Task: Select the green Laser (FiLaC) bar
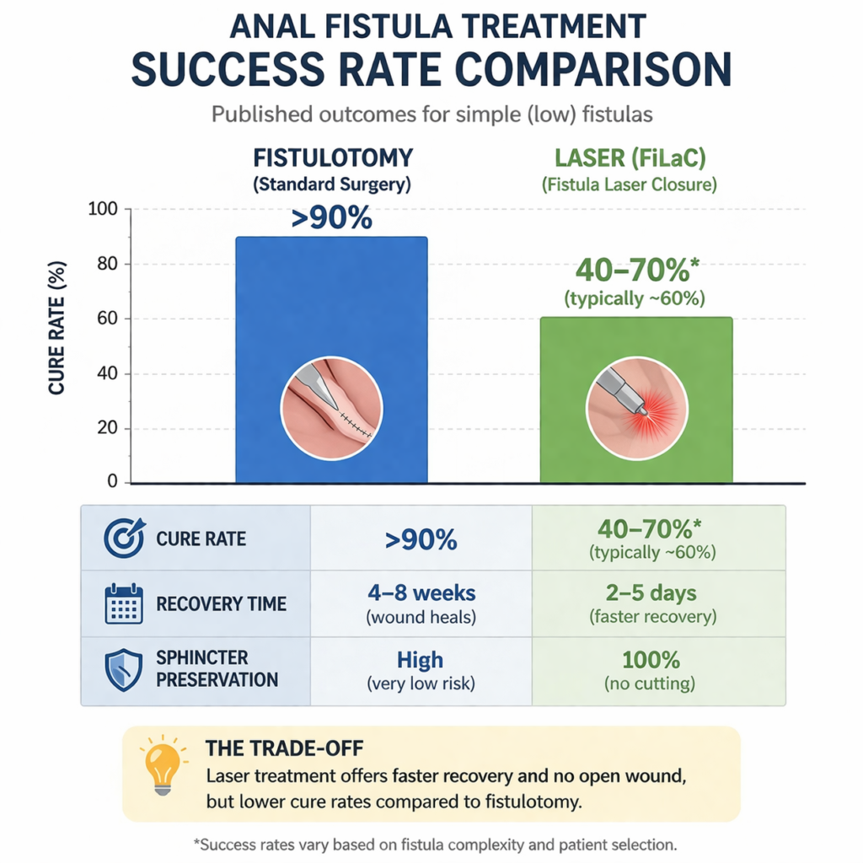coord(636,354)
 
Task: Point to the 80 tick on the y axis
coord(110,264)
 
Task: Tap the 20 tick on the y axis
coord(110,428)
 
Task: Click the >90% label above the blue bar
coord(331,218)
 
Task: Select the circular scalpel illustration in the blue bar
coord(331,408)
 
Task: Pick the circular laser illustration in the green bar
coord(636,408)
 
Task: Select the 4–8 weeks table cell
coord(421,604)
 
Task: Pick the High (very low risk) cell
coord(421,669)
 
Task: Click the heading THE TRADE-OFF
coord(274,748)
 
